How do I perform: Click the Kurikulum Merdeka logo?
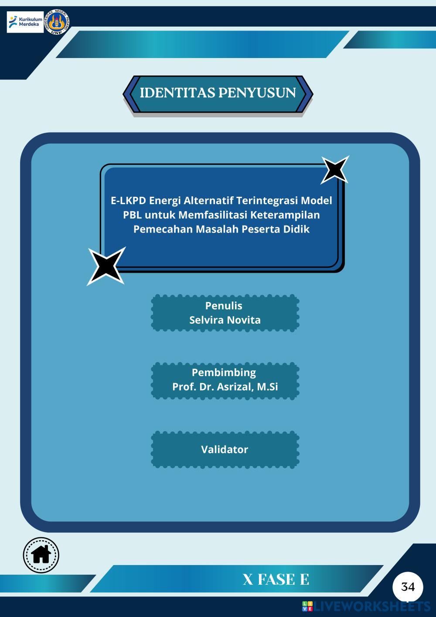click(x=25, y=22)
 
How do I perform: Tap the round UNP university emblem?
click(x=57, y=22)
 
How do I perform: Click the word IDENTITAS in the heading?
click(x=177, y=93)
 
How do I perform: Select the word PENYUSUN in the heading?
click(x=257, y=93)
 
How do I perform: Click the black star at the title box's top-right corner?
click(x=334, y=170)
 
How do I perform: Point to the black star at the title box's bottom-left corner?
click(x=106, y=266)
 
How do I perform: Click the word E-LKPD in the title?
click(x=128, y=200)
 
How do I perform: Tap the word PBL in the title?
click(x=132, y=215)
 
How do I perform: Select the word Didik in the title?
click(x=296, y=229)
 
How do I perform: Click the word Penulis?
click(x=224, y=305)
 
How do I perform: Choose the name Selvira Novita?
click(x=225, y=320)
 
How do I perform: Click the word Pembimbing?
click(x=224, y=372)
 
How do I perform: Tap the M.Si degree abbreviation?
click(x=267, y=387)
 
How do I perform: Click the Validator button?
click(x=225, y=449)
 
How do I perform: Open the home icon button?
click(x=41, y=555)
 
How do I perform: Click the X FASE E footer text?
click(x=276, y=579)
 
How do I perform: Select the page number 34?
click(x=408, y=586)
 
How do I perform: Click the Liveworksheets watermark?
click(x=366, y=606)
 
